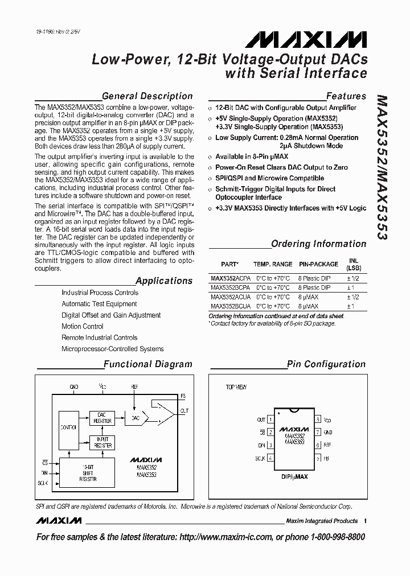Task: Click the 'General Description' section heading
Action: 147,96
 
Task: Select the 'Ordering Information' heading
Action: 318,244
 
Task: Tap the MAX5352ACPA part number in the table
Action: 230,279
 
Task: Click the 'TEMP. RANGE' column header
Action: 273,264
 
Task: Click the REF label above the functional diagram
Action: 134,386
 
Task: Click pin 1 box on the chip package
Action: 270,420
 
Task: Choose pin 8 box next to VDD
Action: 315,420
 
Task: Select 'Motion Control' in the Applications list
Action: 83,327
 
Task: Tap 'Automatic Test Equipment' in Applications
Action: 99,304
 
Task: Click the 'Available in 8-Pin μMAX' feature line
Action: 252,157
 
